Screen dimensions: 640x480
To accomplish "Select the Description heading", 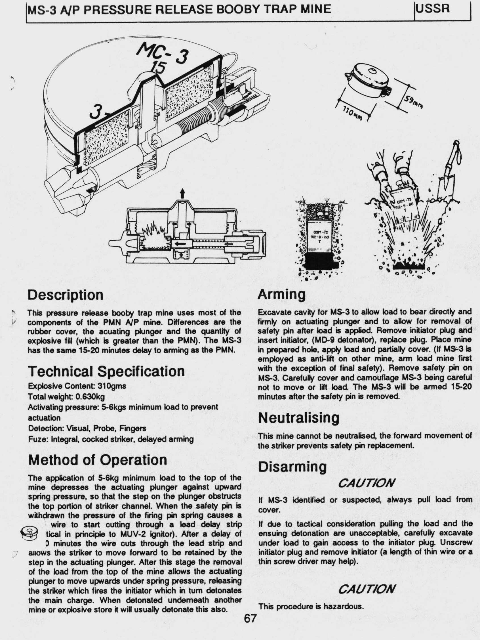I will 66,295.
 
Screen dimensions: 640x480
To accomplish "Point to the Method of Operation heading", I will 98,460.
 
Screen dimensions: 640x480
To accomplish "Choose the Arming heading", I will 281,295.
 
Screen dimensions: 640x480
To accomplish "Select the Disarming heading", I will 292,467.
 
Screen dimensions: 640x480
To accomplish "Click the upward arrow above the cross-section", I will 182,194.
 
